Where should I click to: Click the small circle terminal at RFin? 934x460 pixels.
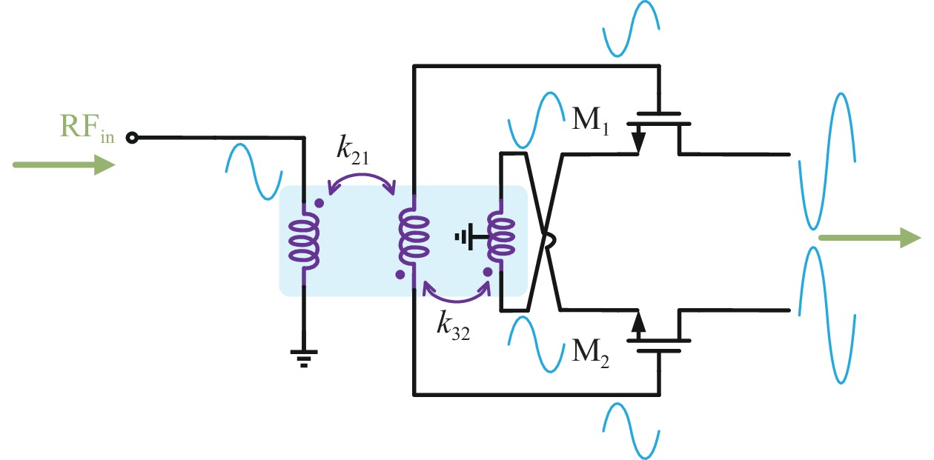(132, 137)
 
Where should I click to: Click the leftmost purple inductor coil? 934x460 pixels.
(304, 240)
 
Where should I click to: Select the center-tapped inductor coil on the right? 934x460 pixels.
(501, 239)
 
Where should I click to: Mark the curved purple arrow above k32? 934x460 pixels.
(456, 294)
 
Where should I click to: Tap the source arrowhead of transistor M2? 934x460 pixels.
(638, 323)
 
